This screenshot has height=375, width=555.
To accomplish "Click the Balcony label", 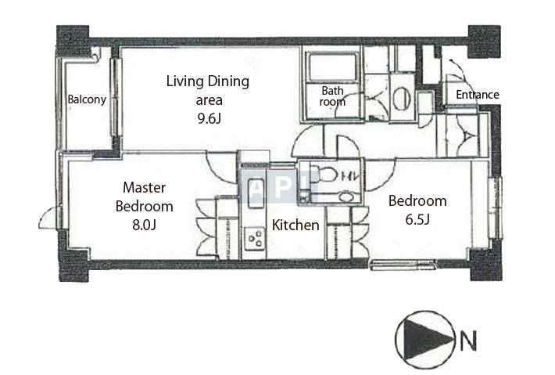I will [87, 99].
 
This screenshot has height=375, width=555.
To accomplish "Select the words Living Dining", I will [207, 81].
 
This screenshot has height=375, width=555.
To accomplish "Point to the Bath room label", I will [332, 96].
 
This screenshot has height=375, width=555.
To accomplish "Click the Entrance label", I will [477, 95].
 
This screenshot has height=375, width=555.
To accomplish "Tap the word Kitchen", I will [295, 225].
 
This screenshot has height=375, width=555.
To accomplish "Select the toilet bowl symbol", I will [327, 175].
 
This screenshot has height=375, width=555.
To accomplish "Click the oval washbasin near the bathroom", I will [399, 98].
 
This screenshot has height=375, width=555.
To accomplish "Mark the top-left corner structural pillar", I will [73, 39].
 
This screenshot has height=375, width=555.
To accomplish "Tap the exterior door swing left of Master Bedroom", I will [48, 218].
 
